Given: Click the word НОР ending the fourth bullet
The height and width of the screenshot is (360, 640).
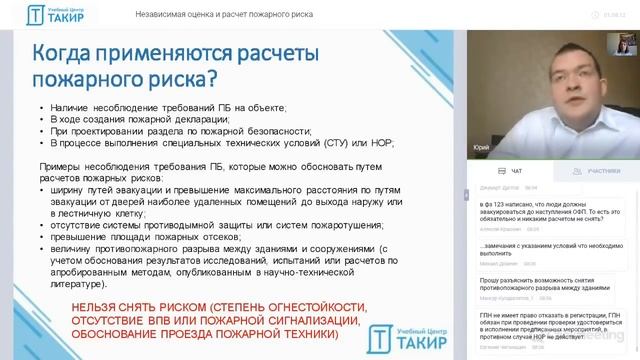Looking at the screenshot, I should pyautogui.click(x=380, y=142).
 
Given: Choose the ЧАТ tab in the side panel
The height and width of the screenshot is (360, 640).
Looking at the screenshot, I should pyautogui.click(x=516, y=171).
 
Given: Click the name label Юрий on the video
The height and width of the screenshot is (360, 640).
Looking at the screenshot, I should pyautogui.click(x=481, y=147).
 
